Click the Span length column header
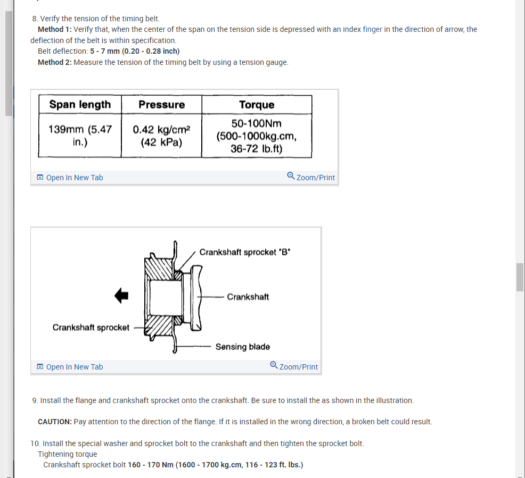click(x=80, y=104)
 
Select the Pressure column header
click(x=161, y=104)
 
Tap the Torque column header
click(x=257, y=105)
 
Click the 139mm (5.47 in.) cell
click(x=80, y=135)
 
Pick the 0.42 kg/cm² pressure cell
click(x=161, y=135)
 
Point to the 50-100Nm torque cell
click(x=257, y=136)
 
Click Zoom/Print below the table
click(x=311, y=178)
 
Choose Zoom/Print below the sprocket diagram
click(x=294, y=367)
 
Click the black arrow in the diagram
click(x=121, y=296)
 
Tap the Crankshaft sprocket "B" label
click(x=244, y=252)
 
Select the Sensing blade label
click(x=242, y=347)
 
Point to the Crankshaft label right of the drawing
click(x=248, y=297)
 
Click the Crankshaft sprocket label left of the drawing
click(x=91, y=328)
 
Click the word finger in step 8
click(x=372, y=29)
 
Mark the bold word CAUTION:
click(x=55, y=422)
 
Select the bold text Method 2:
click(x=55, y=62)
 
